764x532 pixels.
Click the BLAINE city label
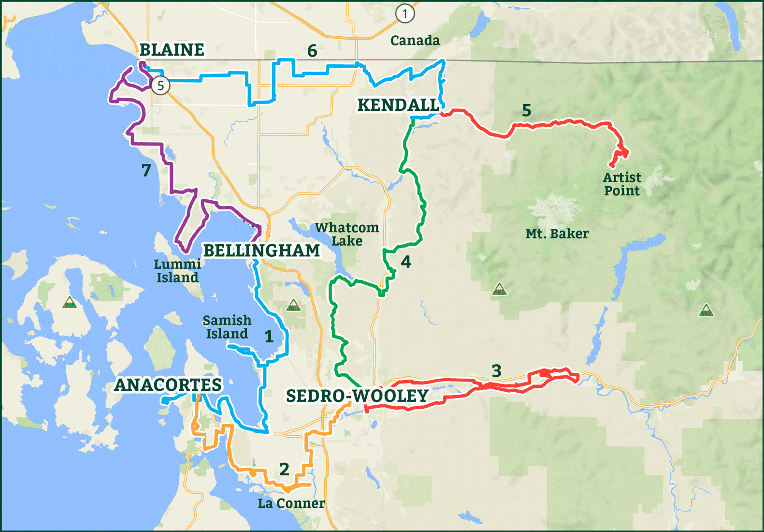pos(172,50)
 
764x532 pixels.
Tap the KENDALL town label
pos(398,105)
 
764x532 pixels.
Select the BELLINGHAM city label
pos(261,251)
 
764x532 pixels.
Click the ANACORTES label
pos(168,385)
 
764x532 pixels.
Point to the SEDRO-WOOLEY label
pos(357,396)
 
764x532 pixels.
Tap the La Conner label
pos(291,503)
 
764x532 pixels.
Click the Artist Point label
pos(622,184)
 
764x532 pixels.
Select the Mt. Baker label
pos(557,234)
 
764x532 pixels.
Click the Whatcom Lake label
pos(347,234)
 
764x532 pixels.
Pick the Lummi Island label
pos(177,271)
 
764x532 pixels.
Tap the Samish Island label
pos(227,327)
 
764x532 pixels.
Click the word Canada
pos(415,41)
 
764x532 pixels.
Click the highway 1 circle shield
pos(405,14)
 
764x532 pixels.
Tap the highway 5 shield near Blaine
pos(160,86)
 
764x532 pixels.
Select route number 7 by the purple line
pos(146,170)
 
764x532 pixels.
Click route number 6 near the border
pos(312,51)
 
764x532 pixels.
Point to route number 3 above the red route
pos(496,371)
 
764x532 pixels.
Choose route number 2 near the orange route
pos(284,469)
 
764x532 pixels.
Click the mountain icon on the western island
pos(70,303)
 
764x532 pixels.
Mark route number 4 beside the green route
pos(406,262)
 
